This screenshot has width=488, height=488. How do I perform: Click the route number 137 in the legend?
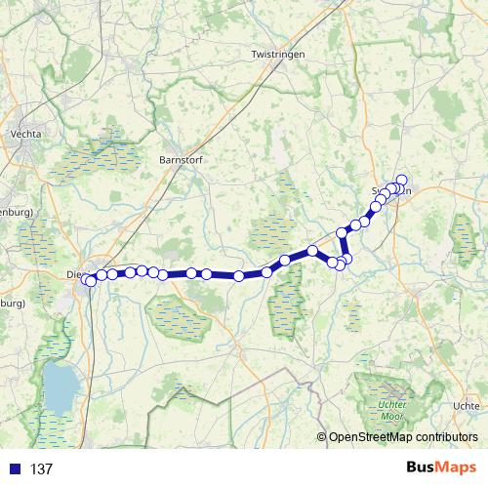pyautogui.click(x=42, y=469)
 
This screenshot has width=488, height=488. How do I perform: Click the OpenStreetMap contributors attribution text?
pyautogui.click(x=404, y=437)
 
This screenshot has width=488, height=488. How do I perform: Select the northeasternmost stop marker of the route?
pyautogui.click(x=401, y=180)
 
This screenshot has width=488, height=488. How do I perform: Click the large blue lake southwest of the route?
pyautogui.click(x=59, y=386)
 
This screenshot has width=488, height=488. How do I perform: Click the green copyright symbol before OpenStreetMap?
pyautogui.click(x=322, y=437)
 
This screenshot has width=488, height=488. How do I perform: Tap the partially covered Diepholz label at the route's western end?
pyautogui.click(x=74, y=274)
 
